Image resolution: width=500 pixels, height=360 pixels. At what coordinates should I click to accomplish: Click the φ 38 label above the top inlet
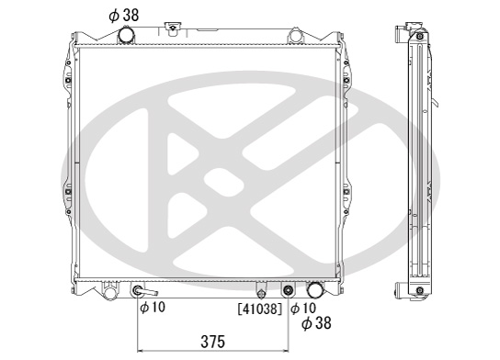[x=124, y=15]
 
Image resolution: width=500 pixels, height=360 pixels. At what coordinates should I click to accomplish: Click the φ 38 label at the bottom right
[x=316, y=322]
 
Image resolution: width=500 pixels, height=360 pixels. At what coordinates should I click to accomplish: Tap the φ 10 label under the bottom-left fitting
[x=153, y=307]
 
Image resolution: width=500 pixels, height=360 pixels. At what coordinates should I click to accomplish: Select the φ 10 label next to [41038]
[x=303, y=308]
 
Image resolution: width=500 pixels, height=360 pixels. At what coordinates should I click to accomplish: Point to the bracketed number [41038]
[x=260, y=309]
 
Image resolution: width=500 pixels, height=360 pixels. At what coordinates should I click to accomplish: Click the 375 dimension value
[x=212, y=342]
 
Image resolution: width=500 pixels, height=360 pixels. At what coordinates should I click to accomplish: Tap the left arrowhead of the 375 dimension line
[x=140, y=351]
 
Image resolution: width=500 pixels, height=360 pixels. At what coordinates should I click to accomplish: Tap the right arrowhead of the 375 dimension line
[x=286, y=351]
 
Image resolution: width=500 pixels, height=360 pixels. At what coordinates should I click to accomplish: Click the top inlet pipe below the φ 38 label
[x=127, y=35]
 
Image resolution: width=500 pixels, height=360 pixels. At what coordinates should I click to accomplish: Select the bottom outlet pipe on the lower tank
[x=315, y=289]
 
